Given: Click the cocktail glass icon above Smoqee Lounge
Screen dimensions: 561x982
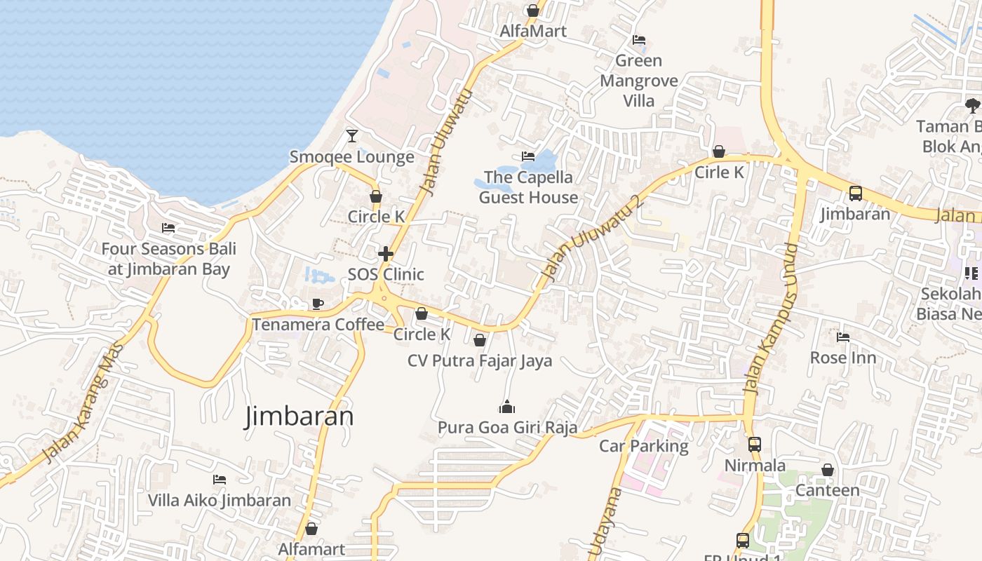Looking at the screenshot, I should point(352,135).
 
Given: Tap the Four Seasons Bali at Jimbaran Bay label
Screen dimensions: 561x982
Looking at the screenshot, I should point(168,259).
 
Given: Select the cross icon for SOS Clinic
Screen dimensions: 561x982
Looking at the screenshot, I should point(386,253).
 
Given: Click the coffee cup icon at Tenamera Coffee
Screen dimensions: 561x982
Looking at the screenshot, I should point(317,304).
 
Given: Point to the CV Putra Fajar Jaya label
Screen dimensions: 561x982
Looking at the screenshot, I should point(480,360).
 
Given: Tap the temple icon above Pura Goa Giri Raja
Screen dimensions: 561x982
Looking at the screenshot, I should point(506,407).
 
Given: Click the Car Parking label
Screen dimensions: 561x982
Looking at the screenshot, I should point(643,445).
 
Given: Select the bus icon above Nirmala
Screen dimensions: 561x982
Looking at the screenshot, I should point(755,444).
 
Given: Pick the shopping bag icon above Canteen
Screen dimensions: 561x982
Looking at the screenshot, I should point(828,470).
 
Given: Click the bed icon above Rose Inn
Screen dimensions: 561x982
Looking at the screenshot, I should point(843,337).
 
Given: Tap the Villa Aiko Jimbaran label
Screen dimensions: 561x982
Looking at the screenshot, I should point(219,500).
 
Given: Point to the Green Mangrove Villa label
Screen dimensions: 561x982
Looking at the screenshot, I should point(639,81).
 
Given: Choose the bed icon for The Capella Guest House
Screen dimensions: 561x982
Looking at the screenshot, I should point(527,156).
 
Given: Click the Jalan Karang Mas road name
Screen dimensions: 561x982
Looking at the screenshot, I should point(83,403).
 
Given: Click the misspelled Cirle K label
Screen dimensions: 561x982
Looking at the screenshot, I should point(719,172).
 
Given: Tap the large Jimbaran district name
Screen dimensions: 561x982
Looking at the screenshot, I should point(299,417).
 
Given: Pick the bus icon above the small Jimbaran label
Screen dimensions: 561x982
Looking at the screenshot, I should point(855,193).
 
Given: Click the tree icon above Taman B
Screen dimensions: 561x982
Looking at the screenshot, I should point(972,106).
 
